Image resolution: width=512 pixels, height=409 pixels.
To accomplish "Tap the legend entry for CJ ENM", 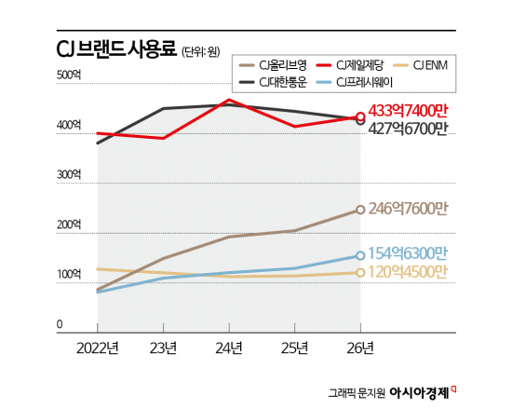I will pos(438,65).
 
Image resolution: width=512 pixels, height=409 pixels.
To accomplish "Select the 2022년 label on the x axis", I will pos(97,349).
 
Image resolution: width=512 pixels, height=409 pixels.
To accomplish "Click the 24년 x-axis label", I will pos(229,349).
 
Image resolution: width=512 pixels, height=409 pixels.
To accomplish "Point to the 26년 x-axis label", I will pos(360,349).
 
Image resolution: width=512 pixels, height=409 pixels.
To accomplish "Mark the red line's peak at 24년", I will pos(229,100).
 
